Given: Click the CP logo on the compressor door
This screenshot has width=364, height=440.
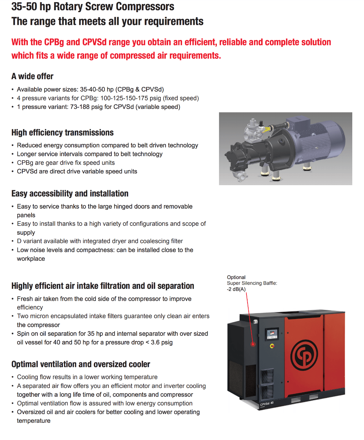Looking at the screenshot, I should (x=305, y=355).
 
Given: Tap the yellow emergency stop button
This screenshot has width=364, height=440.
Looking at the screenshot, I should (x=271, y=346).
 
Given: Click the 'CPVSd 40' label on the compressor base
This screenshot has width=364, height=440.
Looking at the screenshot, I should (x=267, y=404).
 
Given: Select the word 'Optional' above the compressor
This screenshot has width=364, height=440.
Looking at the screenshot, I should (x=236, y=277).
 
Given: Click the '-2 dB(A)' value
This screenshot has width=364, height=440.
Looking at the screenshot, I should (x=236, y=289).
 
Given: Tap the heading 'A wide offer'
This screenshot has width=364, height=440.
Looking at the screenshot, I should (x=32, y=76).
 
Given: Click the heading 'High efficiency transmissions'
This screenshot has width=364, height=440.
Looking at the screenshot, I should (x=62, y=132).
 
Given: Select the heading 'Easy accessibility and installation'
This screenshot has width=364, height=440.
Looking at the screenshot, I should (x=70, y=194).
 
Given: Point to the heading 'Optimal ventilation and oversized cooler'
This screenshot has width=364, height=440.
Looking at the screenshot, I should (x=81, y=364).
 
